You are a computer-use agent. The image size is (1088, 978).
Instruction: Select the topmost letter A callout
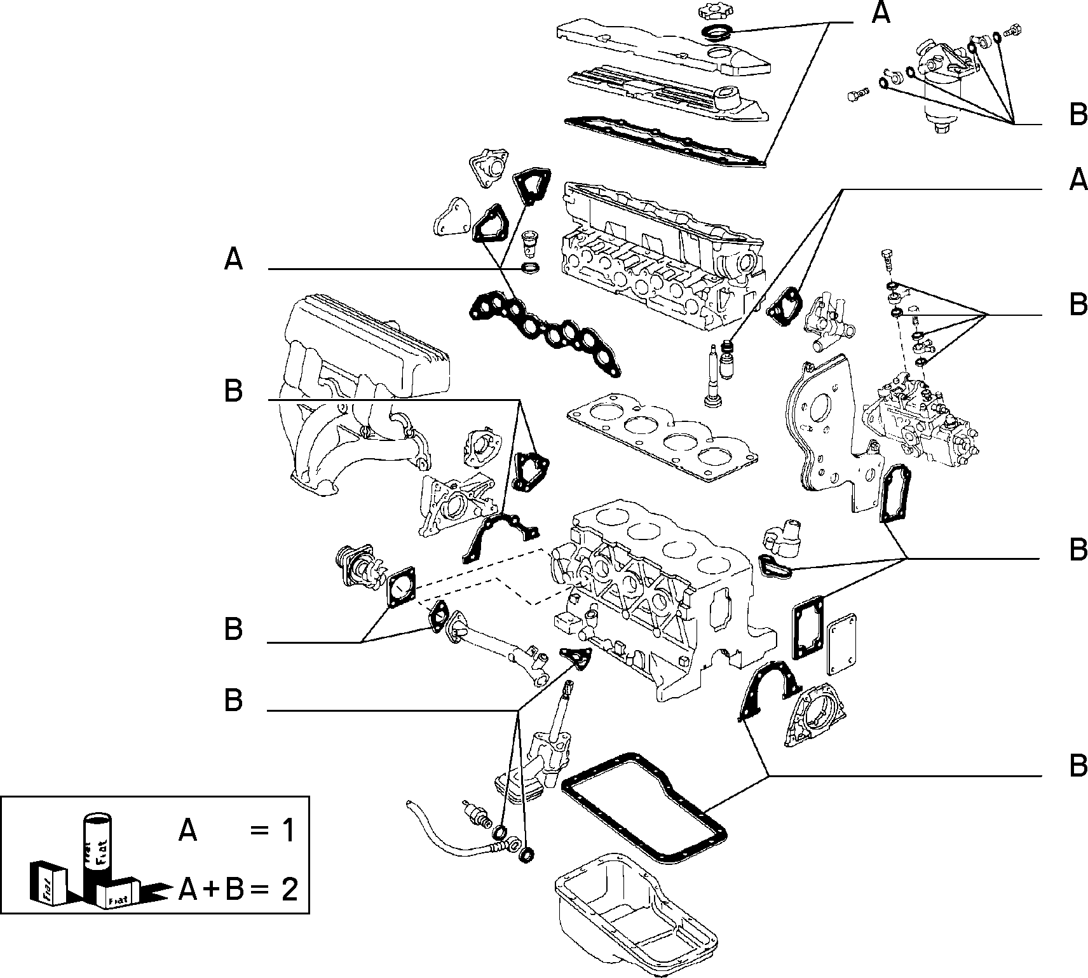click(x=880, y=13)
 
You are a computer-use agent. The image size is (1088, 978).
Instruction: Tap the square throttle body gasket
click(x=400, y=587)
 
